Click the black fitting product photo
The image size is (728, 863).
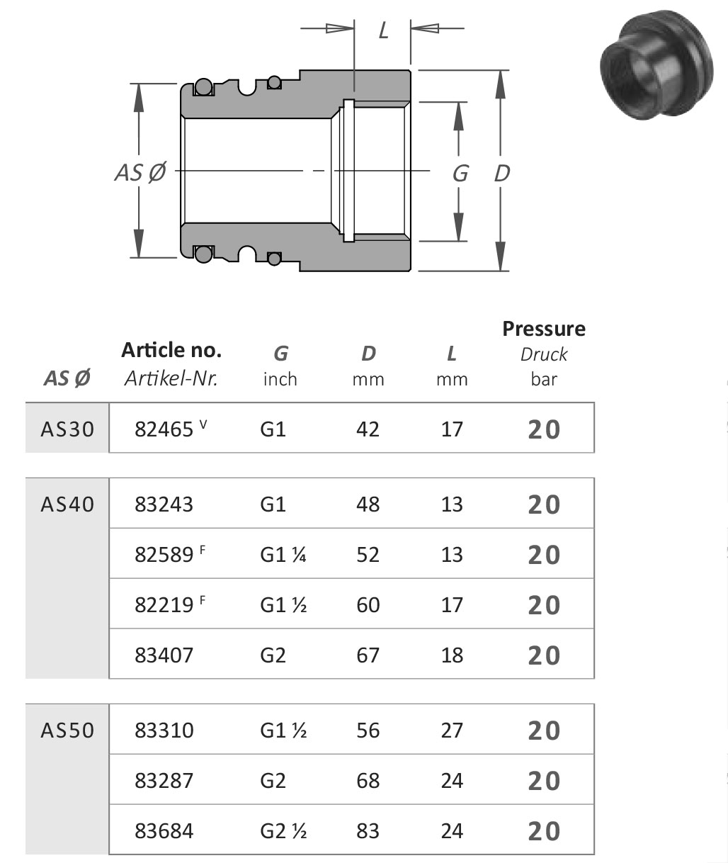(x=656, y=65)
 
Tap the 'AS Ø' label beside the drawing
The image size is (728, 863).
(x=140, y=172)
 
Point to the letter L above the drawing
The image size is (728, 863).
(x=383, y=30)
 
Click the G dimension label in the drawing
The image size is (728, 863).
(x=460, y=173)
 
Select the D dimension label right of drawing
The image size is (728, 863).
(x=502, y=173)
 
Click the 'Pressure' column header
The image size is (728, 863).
(x=544, y=329)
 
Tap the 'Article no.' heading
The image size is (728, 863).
(x=171, y=350)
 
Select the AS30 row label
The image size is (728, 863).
(x=67, y=429)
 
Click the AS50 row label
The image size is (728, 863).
(x=67, y=730)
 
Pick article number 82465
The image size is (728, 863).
(x=164, y=429)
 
